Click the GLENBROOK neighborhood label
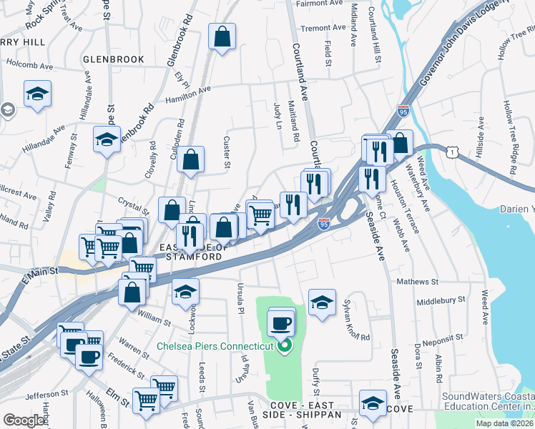pos(113,59)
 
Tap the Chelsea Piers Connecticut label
pos(215,346)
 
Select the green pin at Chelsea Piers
pos(284,347)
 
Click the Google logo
pos(24,420)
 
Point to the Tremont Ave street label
pos(323,29)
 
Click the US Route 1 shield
pos(451,152)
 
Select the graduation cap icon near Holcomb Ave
pos(37,93)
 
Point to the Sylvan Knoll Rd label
pos(356,319)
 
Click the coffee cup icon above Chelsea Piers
pos(281,322)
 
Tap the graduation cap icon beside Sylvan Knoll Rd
pos(323,301)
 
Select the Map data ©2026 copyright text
pos(504,423)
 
